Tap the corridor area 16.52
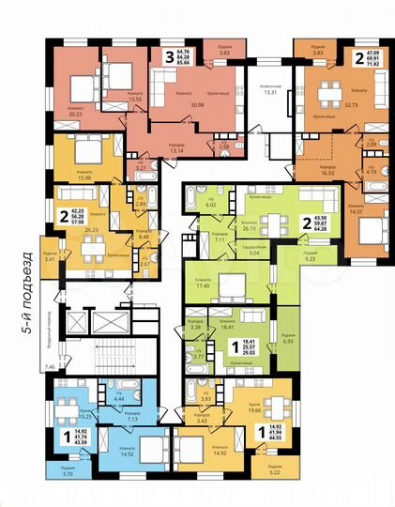(x=327, y=173)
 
